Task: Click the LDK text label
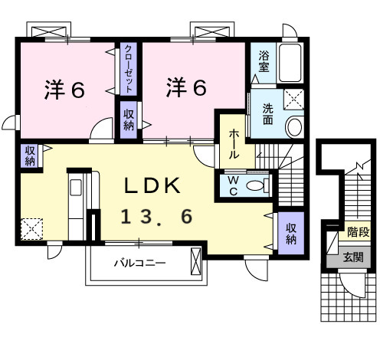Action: tap(153, 186)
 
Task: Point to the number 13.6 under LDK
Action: tap(156, 218)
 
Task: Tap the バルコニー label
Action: tap(140, 263)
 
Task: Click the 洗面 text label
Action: tap(268, 113)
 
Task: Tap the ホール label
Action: tap(234, 143)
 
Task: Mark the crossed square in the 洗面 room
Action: tap(293, 97)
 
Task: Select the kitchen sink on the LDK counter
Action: tap(77, 188)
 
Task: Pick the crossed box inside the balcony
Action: tap(197, 263)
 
